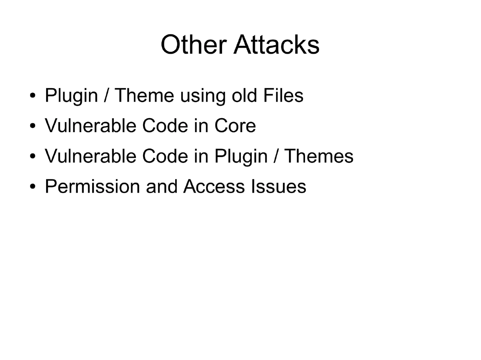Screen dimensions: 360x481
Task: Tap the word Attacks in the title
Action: (277, 44)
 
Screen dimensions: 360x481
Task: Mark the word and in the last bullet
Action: (162, 187)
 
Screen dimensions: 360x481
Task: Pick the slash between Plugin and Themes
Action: (275, 157)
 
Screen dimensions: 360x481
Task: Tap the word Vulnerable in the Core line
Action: (91, 126)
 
